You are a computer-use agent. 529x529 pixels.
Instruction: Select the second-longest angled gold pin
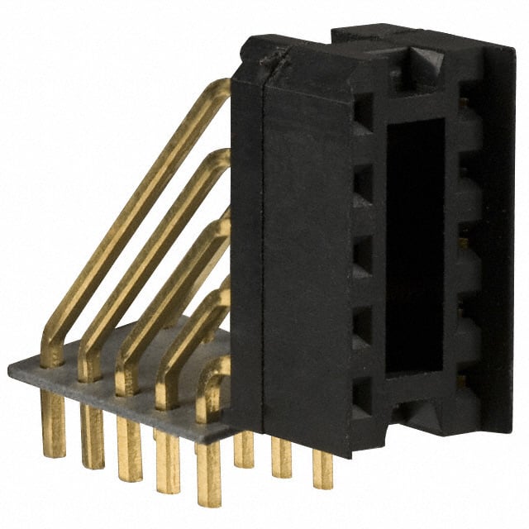(149, 248)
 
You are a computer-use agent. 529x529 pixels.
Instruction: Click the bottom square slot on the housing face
(362, 392)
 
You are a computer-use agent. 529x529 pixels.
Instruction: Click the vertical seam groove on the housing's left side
(263, 248)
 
